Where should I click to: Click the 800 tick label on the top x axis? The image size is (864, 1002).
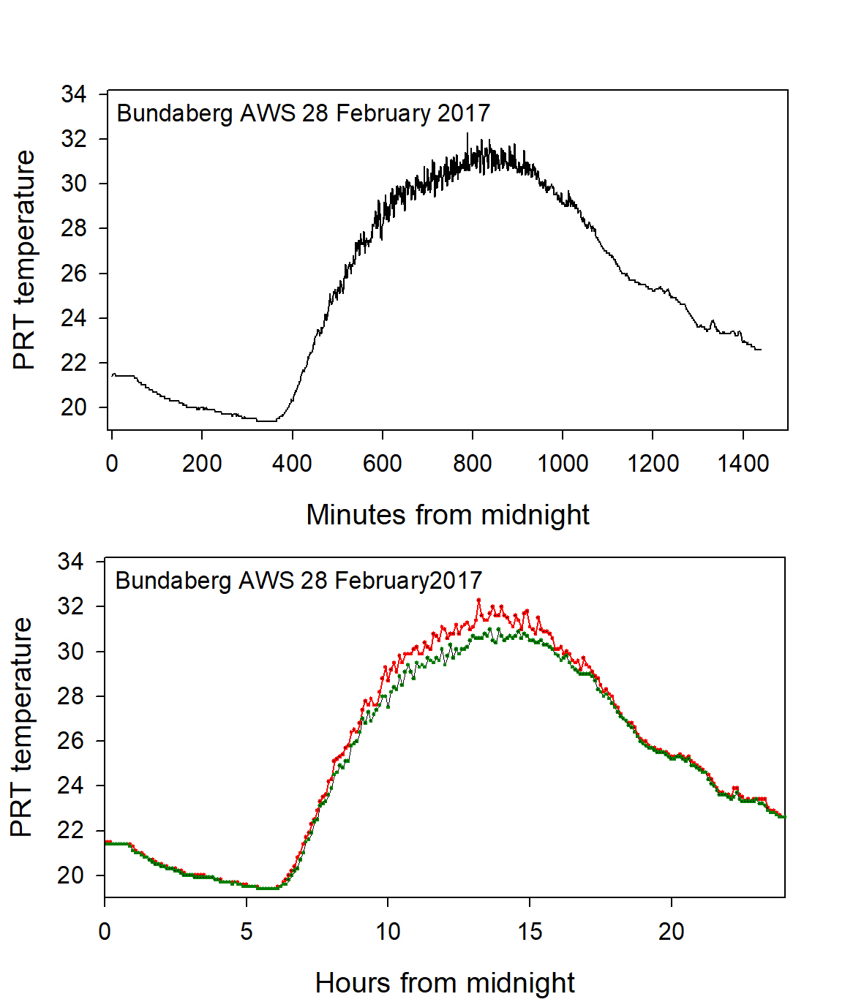tap(473, 464)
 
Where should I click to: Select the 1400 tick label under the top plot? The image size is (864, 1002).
tap(743, 464)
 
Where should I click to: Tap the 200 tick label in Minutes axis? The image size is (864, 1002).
tap(202, 464)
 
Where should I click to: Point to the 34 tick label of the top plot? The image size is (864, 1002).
tap(74, 94)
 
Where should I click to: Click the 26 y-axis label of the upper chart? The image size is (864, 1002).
tap(74, 274)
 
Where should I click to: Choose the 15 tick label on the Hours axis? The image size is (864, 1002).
tap(530, 931)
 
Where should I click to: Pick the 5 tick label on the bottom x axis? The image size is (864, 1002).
tap(247, 931)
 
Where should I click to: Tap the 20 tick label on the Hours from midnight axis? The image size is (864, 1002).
tap(671, 931)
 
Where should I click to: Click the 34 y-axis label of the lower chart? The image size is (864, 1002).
tap(71, 562)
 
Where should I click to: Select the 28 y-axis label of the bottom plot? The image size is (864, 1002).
tap(71, 696)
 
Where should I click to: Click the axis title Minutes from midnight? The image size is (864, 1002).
tap(448, 515)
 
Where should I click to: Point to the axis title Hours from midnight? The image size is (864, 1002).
tap(445, 983)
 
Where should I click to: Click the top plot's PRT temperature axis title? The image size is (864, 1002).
tap(24, 260)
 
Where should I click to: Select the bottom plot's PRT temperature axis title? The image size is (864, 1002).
tap(21, 727)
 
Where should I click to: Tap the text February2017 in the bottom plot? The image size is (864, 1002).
tap(408, 581)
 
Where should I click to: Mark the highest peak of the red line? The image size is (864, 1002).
tap(478, 600)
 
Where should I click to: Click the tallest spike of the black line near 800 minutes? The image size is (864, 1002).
tap(467, 134)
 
